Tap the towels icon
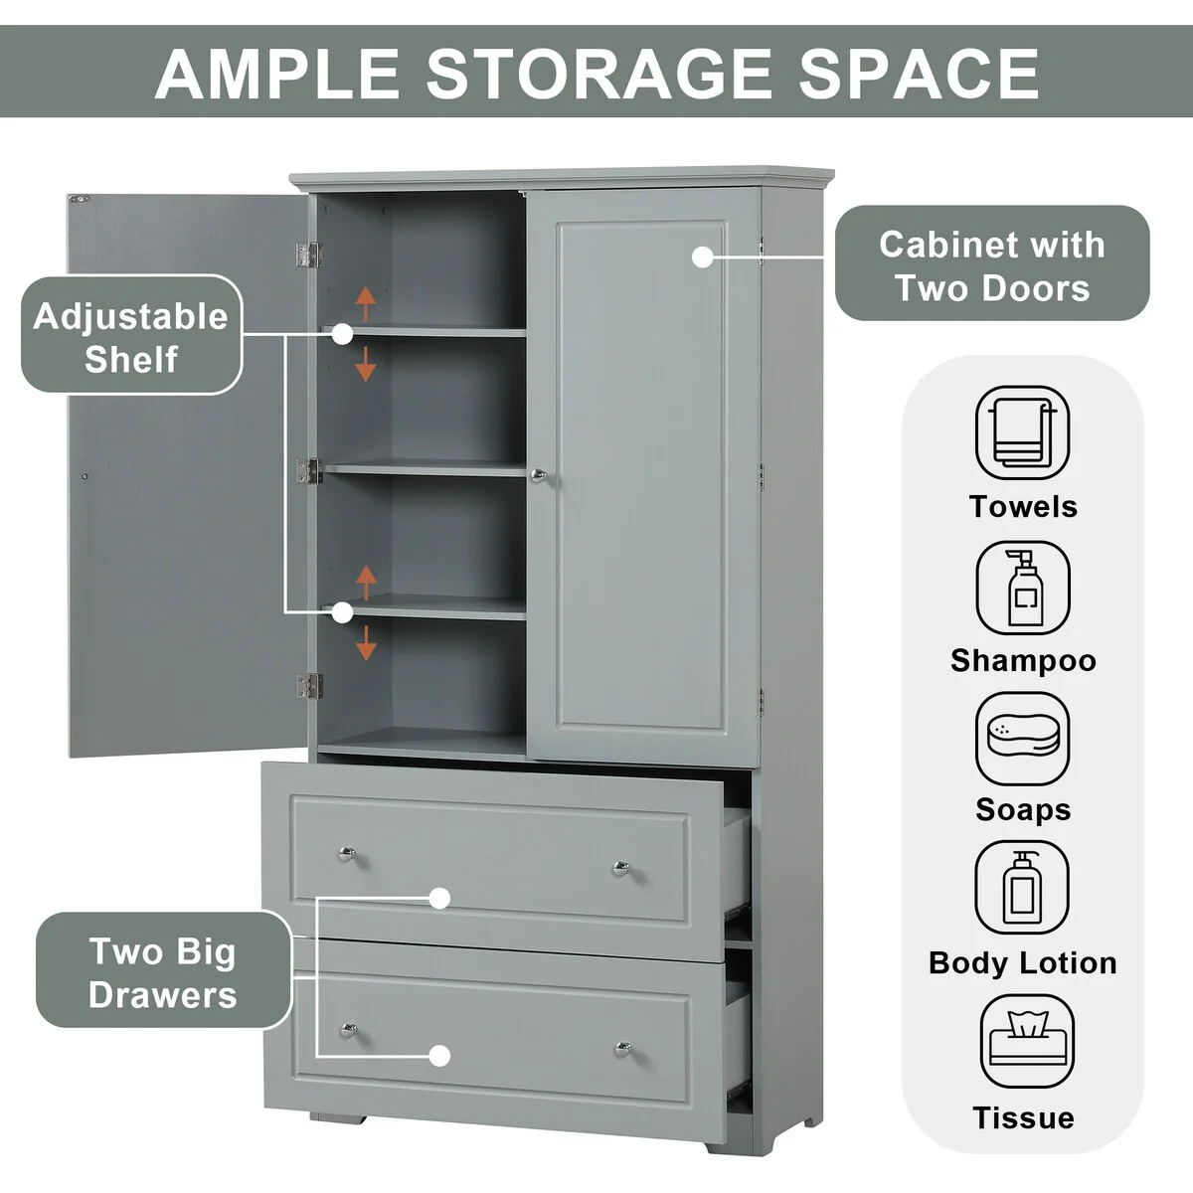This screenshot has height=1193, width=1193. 1022,433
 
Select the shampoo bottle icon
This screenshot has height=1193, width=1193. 1022,589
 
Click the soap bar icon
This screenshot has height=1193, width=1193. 1022,739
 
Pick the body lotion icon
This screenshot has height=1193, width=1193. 1022,889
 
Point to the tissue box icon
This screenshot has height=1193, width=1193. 1027,1043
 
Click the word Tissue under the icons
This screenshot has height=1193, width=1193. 1023,1117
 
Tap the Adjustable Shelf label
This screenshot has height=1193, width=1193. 131,337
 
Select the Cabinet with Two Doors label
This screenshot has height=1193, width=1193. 991,265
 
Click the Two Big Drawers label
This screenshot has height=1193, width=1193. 163,972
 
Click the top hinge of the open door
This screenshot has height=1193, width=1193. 308,255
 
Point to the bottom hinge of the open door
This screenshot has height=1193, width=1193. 308,684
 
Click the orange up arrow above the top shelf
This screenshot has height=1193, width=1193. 366,302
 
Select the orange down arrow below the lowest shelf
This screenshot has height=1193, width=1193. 366,643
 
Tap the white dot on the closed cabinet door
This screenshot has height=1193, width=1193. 702,256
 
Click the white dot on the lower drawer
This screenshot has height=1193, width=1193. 439,1056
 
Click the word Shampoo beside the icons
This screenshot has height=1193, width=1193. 1023,660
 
